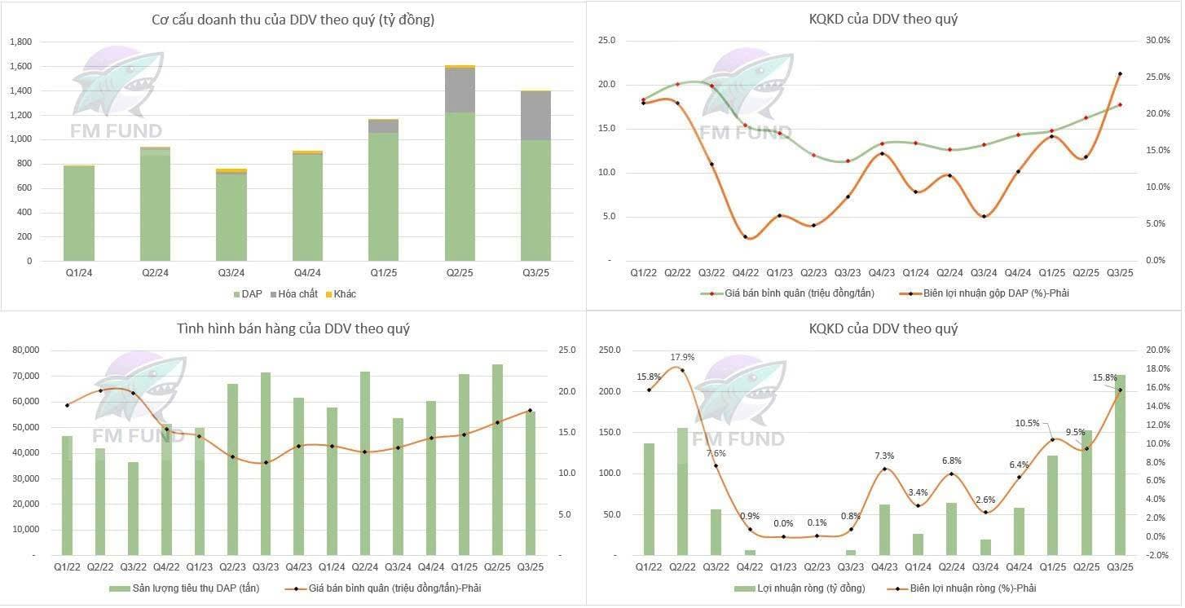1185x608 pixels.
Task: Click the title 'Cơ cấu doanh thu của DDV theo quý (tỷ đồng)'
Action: pyautogui.click(x=293, y=20)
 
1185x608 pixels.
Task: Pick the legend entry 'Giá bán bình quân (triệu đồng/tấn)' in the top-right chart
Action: pyautogui.click(x=795, y=293)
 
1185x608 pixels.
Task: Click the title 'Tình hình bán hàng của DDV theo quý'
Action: pyautogui.click(x=293, y=329)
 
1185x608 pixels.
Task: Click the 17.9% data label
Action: pyautogui.click(x=682, y=357)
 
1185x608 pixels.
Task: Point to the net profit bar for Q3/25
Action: pyautogui.click(x=1121, y=465)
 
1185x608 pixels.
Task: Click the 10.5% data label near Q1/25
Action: pyautogui.click(x=1028, y=423)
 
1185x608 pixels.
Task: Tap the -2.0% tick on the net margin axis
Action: pyautogui.click(x=1158, y=555)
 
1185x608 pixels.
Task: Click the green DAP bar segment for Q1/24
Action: pyautogui.click(x=79, y=214)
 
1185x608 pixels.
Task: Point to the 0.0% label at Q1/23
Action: pyautogui.click(x=783, y=524)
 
